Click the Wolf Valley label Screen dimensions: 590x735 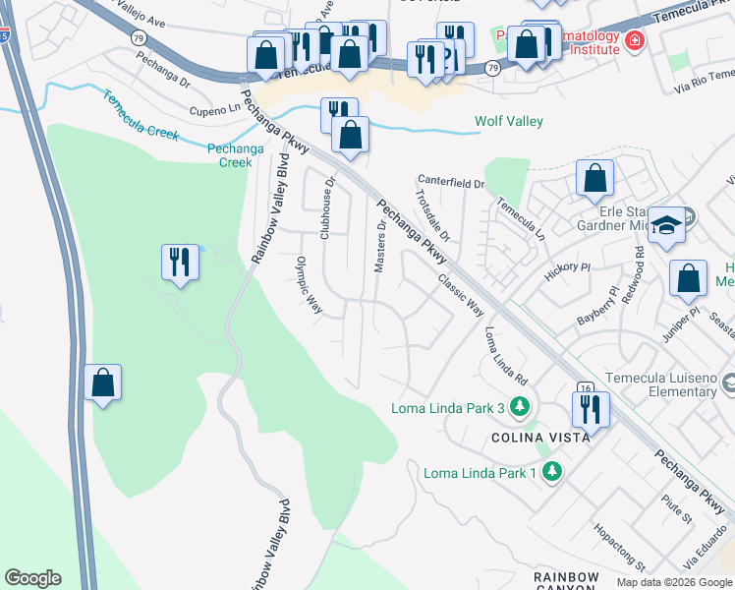click(509, 122)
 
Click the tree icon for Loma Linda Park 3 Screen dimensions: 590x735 click(520, 407)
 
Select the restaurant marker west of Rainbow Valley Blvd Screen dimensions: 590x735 click(180, 262)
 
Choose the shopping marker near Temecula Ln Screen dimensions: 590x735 click(594, 179)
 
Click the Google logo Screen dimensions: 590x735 click(32, 578)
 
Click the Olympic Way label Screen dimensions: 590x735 click(310, 286)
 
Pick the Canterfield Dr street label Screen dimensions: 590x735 click(452, 183)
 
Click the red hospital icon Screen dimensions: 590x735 click(635, 40)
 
